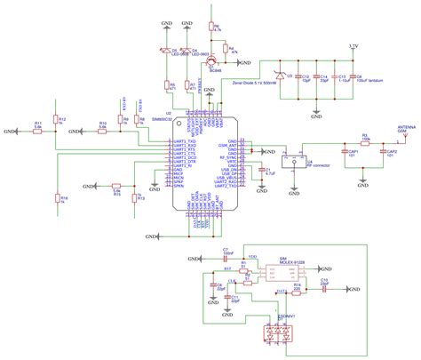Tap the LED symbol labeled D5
coord(164,52)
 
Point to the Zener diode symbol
coord(283,77)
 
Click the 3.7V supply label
coord(353,44)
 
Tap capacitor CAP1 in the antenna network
coord(353,154)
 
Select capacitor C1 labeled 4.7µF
coord(259,171)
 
